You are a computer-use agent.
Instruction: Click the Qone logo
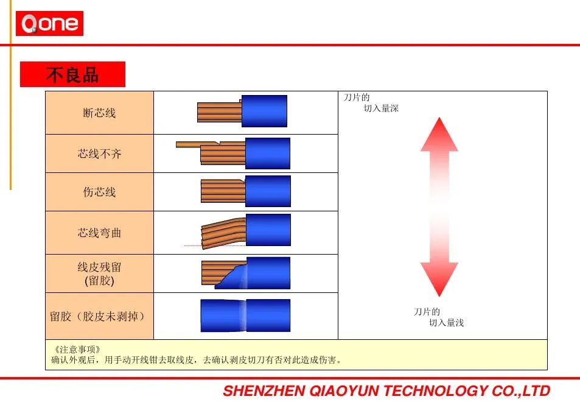(x=49, y=23)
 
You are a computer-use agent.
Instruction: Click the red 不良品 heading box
(x=72, y=74)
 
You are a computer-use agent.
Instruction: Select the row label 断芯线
(x=99, y=113)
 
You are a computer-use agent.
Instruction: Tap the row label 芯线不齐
(x=99, y=153)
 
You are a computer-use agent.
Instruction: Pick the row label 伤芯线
(x=99, y=192)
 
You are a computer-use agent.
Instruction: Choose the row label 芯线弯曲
(x=99, y=233)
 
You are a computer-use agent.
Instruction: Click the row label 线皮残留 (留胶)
(x=99, y=273)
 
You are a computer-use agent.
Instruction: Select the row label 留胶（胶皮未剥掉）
(x=97, y=316)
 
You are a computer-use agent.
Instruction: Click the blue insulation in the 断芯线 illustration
(x=264, y=111)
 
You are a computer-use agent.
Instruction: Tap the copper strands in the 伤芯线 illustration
(x=223, y=191)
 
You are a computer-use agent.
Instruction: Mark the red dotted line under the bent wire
(x=215, y=245)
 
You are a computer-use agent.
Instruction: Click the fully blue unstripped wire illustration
(x=245, y=316)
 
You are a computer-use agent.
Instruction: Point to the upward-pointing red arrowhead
(x=439, y=135)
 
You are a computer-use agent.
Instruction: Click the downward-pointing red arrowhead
(x=439, y=280)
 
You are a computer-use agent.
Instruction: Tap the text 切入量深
(x=381, y=108)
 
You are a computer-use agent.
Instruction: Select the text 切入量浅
(x=446, y=323)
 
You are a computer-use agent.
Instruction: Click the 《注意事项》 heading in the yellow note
(x=77, y=349)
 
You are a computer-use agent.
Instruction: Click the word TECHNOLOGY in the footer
(x=435, y=391)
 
